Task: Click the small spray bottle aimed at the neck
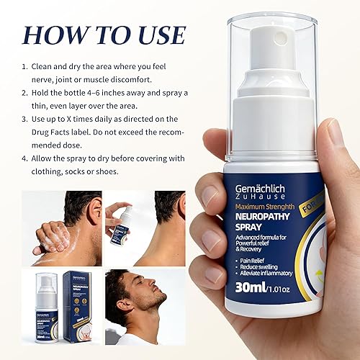click(x=120, y=219)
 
